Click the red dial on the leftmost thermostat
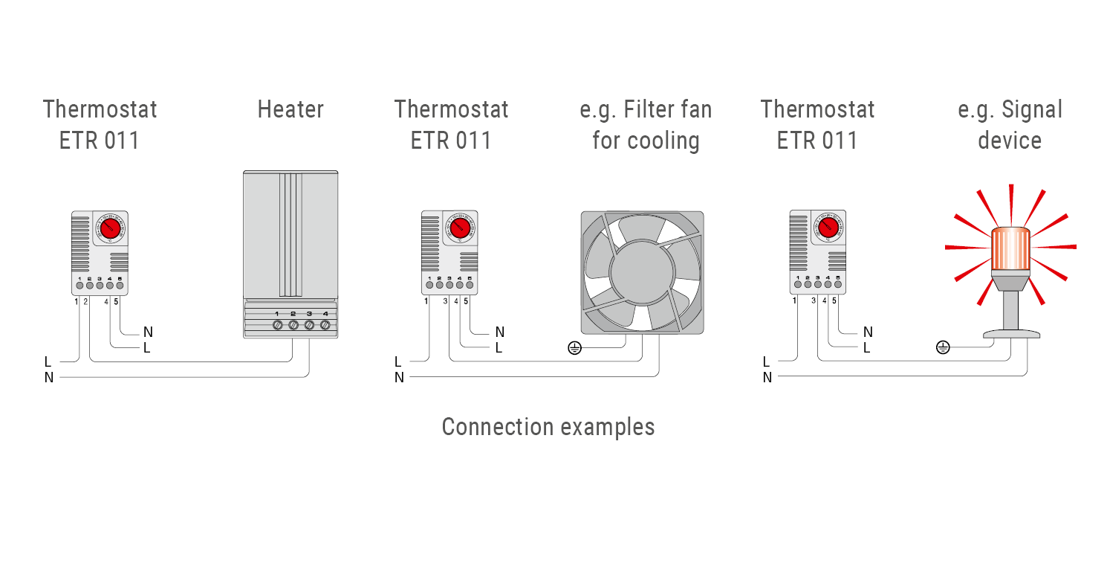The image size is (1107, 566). click(x=109, y=227)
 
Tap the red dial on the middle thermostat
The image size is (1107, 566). click(x=459, y=227)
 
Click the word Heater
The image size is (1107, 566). click(x=290, y=109)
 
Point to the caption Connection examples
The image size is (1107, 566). click(x=548, y=427)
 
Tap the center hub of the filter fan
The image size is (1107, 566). click(x=641, y=272)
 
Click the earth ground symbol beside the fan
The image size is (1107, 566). click(x=574, y=347)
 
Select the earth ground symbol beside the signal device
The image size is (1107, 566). click(x=943, y=347)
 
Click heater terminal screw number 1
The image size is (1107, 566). click(x=277, y=325)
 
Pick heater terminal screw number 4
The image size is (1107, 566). click(x=325, y=325)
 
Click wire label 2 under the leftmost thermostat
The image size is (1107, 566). click(x=86, y=301)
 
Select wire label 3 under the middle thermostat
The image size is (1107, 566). click(x=446, y=301)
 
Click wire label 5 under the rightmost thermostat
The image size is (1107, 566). click(x=834, y=301)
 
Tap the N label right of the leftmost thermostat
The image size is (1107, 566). click(x=148, y=332)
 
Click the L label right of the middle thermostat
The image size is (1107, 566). click(x=499, y=347)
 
